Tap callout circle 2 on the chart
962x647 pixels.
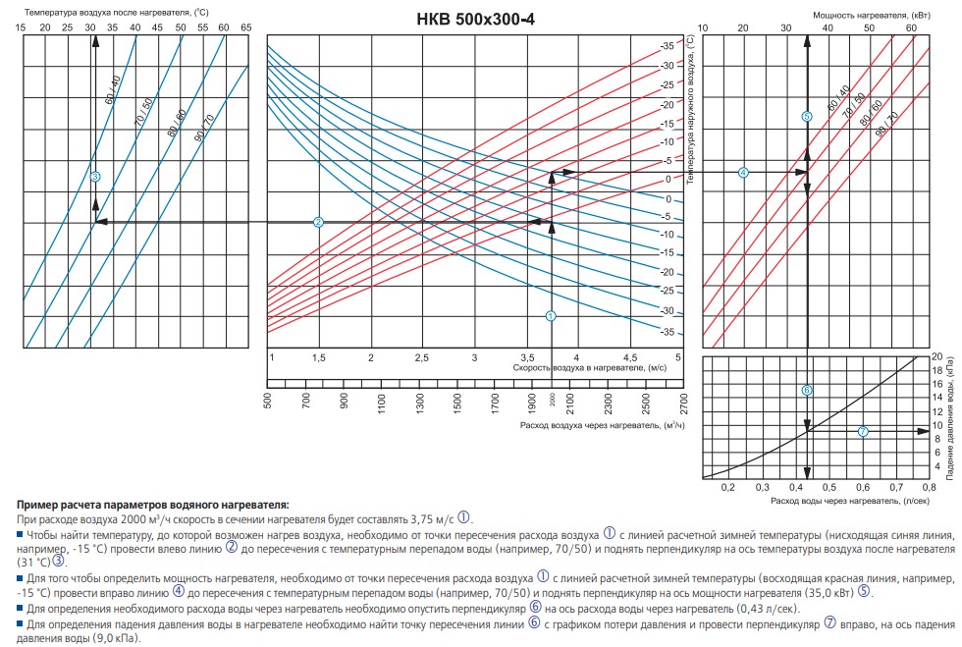(318, 222)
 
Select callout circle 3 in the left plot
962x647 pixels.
(95, 177)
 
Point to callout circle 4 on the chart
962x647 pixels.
(743, 172)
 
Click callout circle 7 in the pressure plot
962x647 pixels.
(863, 431)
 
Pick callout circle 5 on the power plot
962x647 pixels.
(807, 116)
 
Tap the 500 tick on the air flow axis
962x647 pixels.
(268, 402)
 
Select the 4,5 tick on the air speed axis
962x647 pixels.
(629, 357)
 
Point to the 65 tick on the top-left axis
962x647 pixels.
(245, 27)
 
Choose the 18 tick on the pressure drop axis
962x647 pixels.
(935, 369)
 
